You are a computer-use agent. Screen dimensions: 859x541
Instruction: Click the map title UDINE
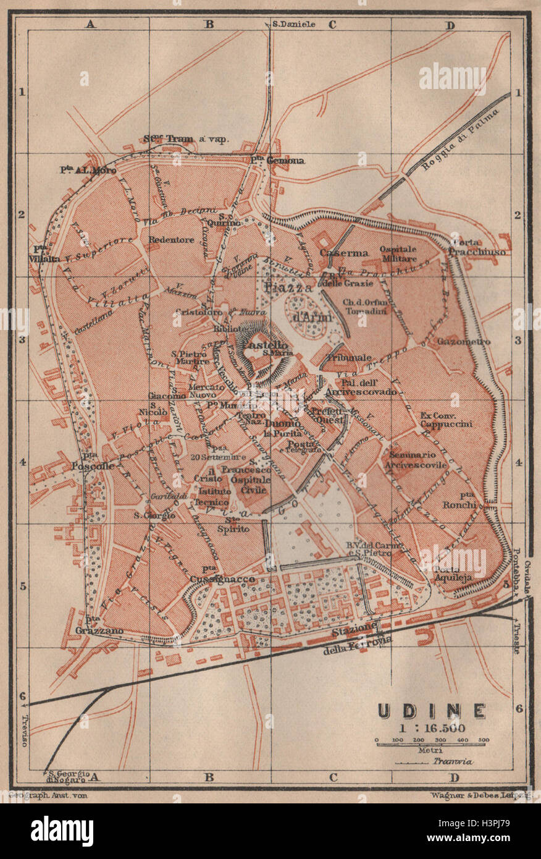coord(432,711)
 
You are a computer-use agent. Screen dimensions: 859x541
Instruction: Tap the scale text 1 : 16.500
coord(432,727)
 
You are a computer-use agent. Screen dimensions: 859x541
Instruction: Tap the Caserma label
coord(344,253)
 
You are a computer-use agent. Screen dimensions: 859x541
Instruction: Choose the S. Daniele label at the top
coord(293,24)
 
